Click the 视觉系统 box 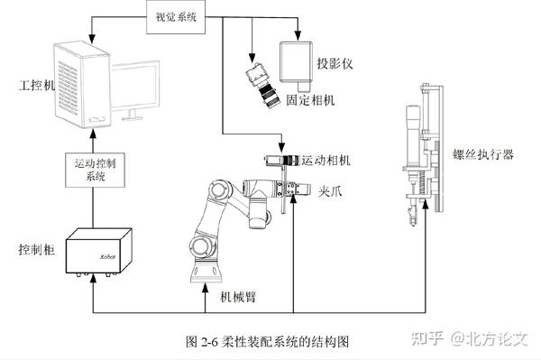tap(176, 17)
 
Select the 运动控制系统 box tap(96, 170)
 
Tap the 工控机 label tap(37, 85)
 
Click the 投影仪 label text tap(335, 63)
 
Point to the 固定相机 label tap(310, 100)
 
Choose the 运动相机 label tap(326, 161)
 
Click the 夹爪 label tap(330, 191)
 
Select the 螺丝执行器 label tap(483, 154)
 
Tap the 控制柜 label tap(37, 249)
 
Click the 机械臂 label tap(238, 297)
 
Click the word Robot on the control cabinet tap(107, 257)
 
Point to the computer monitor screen tap(135, 87)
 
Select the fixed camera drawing tap(262, 86)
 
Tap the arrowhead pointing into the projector tap(298, 35)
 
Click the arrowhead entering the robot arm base tap(206, 289)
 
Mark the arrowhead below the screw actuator tap(425, 205)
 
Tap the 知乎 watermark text tap(427, 338)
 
